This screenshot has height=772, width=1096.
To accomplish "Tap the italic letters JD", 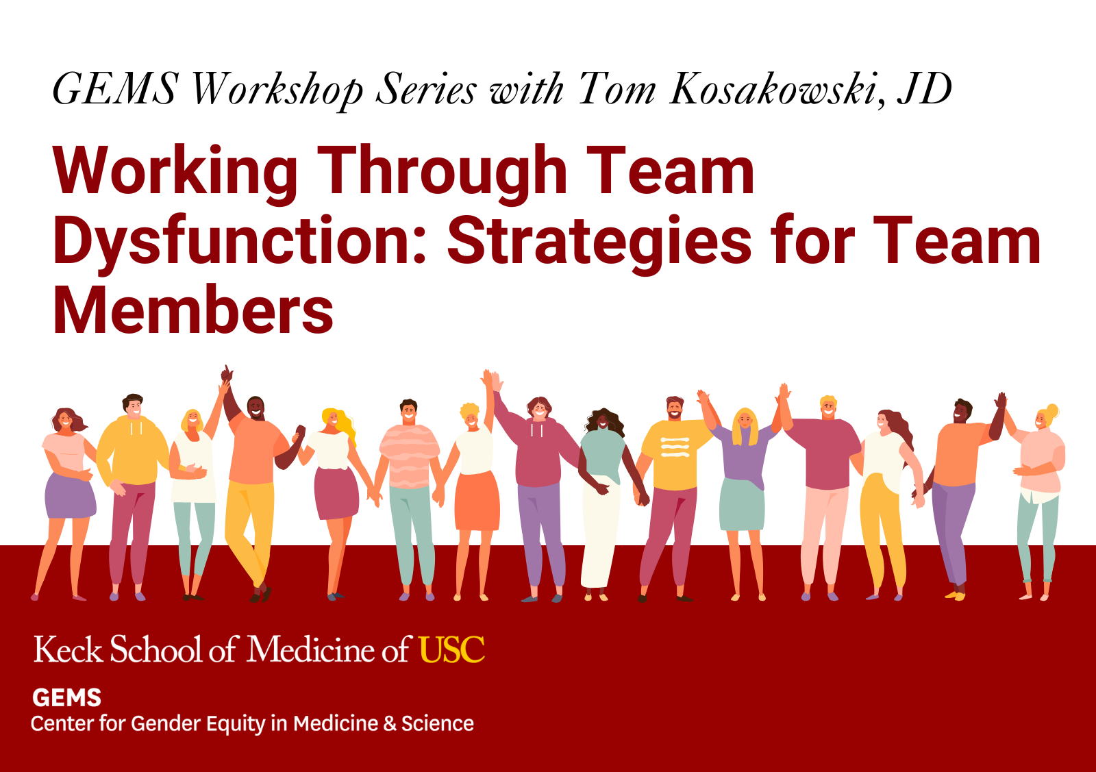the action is pos(925,89).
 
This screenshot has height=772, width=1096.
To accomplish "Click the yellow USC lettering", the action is pos(452,649).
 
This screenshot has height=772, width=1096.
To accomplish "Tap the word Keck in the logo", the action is pos(68,649).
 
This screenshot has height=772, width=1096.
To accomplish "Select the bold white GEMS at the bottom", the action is pos(66,697).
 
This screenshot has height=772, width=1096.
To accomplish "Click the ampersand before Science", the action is pos(390,724).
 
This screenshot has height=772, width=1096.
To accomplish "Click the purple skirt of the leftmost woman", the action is pos(70,496).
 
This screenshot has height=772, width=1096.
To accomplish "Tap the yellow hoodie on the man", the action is pos(132,451).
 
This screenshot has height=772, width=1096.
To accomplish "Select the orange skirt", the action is pos(477,501).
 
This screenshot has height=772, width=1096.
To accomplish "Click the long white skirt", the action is pos(600,533).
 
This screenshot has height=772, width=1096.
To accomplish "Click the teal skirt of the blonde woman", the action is pos(743,505).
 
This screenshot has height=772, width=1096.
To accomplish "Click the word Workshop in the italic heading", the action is pos(277,90).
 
